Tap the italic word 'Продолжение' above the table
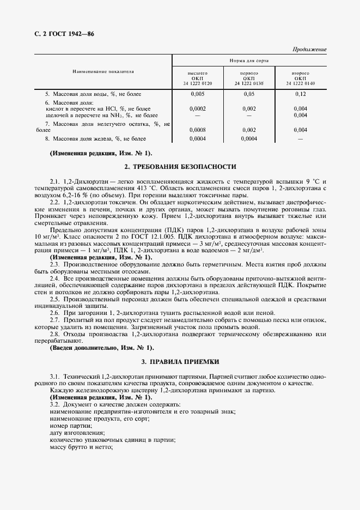pos(309,50)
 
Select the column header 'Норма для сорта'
pos(249,60)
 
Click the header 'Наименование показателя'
pos(103,72)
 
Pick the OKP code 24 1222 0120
pos(198,83)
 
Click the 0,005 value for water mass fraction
pos(198,94)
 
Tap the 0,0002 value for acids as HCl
pos(198,108)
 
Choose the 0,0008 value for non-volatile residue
pos(198,130)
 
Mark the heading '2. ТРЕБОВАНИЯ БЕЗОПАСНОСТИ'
pos(180,166)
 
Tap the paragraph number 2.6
pos(54,313)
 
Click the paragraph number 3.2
pos(54,405)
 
